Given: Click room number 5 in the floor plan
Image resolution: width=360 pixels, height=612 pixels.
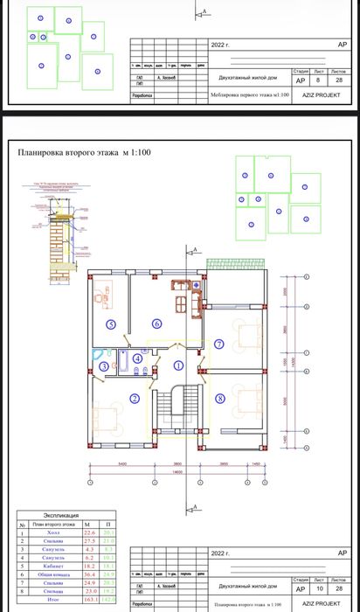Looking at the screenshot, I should click(111, 323).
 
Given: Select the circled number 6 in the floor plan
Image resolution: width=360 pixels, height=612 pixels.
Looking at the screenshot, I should click(157, 321).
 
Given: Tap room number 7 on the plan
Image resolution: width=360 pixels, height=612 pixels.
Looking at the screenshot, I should click(219, 343).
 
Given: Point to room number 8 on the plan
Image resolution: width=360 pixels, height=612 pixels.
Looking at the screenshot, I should click(219, 398).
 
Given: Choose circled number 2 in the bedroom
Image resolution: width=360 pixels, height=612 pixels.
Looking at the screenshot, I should click(135, 398).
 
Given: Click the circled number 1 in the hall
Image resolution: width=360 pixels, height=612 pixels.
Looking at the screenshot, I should click(177, 366).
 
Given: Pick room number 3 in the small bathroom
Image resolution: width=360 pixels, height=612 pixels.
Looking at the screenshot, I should click(103, 366).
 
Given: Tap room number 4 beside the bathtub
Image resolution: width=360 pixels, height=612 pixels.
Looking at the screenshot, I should click(138, 358).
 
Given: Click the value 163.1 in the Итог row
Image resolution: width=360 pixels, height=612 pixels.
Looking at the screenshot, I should click(88, 601).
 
